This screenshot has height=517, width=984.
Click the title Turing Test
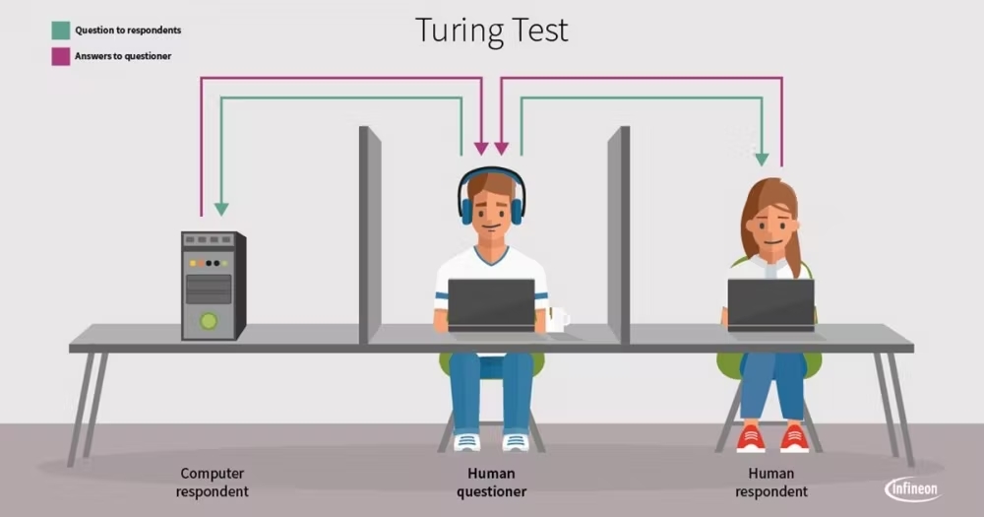click(492, 31)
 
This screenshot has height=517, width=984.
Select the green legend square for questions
click(61, 31)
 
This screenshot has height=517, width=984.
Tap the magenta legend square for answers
click(61, 56)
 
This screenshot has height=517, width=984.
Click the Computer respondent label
click(213, 483)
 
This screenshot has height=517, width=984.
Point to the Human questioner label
click(491, 483)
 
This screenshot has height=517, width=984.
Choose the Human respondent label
click(771, 483)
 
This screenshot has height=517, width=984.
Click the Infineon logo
click(913, 489)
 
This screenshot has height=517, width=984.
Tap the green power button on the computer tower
click(209, 321)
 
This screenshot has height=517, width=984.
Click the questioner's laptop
click(491, 304)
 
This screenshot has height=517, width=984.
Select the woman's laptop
click(771, 304)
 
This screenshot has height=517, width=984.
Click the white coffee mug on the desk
click(557, 319)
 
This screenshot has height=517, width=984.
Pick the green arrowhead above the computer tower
click(221, 209)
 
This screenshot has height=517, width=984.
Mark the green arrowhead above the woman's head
click(762, 159)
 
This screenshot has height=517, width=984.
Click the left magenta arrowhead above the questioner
click(481, 149)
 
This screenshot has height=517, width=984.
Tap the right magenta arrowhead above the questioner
click(502, 149)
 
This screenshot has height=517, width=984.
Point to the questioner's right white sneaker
click(516, 441)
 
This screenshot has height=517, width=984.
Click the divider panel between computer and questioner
click(370, 235)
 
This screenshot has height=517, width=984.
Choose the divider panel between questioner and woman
click(619, 235)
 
